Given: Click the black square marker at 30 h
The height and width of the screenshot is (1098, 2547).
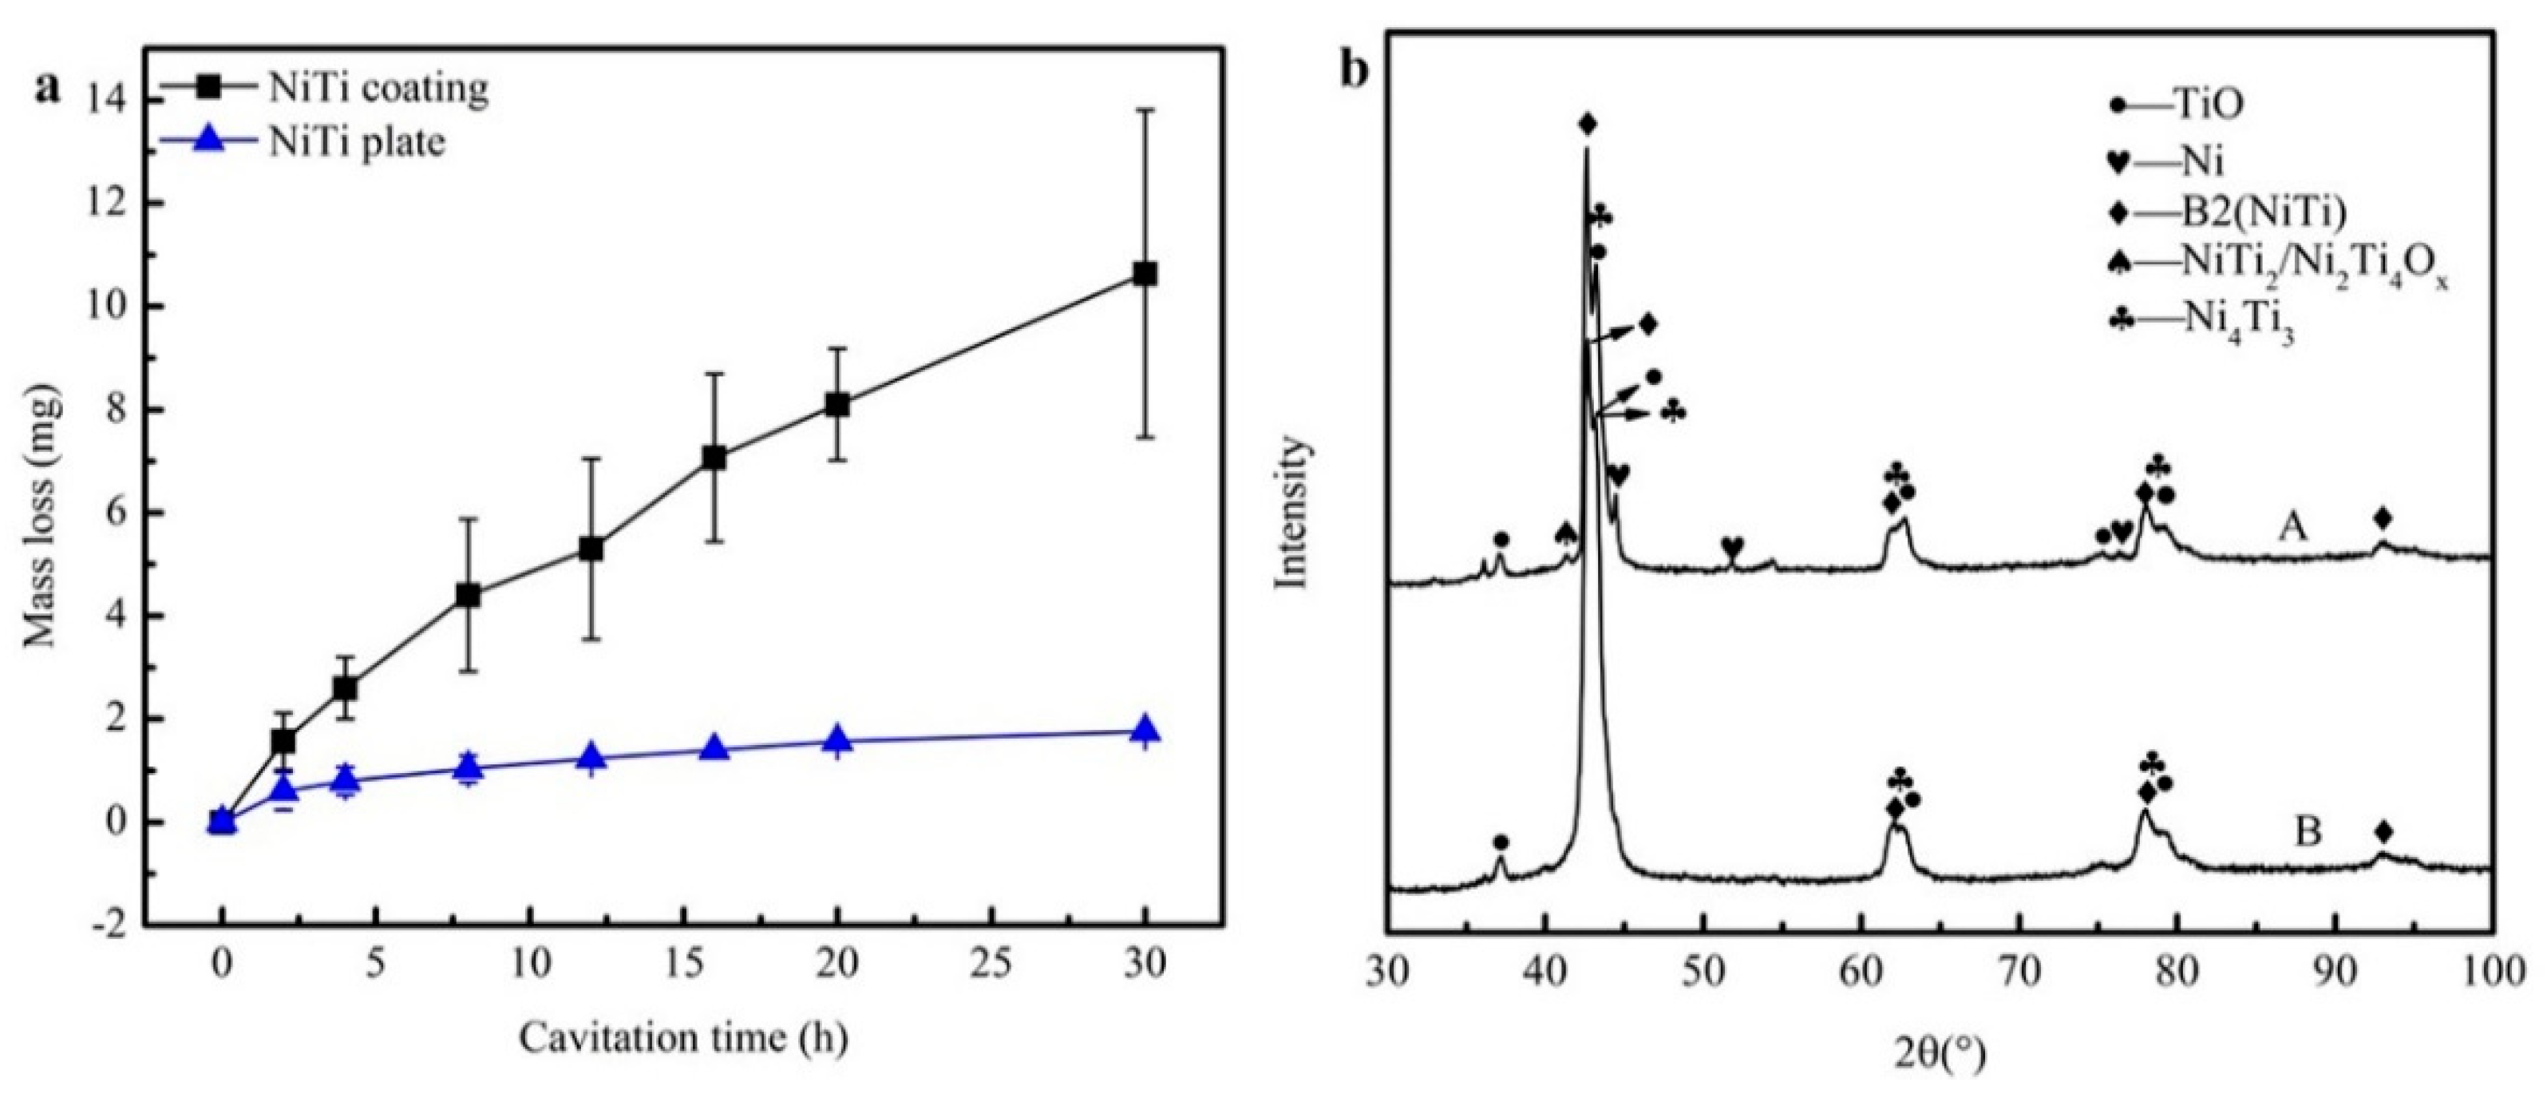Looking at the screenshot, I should tap(1145, 274).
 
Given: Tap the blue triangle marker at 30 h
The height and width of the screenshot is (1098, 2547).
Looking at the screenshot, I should tap(1145, 731).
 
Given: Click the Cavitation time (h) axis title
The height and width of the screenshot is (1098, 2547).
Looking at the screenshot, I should tap(683, 1039).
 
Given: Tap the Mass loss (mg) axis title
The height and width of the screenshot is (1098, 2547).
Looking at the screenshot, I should tap(45, 515).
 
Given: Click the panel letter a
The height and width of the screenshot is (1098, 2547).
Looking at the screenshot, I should tap(46, 87).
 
